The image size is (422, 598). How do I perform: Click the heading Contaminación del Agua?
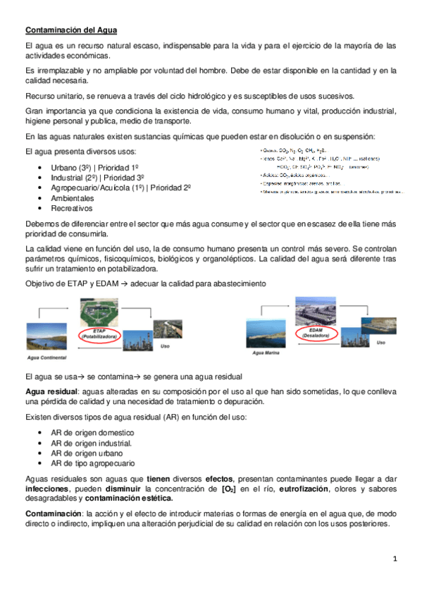tap(71, 30)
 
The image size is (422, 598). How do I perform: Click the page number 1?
tap(395, 559)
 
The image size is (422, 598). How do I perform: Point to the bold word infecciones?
tap(47, 487)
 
